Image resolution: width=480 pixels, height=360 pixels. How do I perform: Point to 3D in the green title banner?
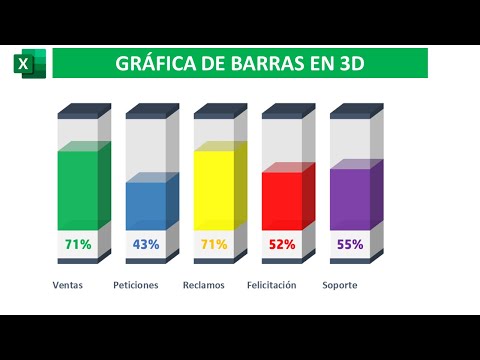click(346, 65)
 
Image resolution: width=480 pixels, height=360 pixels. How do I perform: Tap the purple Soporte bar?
click(350, 198)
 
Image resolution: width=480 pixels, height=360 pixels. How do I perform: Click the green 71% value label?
click(78, 244)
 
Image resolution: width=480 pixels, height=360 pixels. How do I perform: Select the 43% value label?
click(146, 244)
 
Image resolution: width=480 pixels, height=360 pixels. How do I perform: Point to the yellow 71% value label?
click(214, 244)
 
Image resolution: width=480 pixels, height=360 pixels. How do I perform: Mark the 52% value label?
click(282, 244)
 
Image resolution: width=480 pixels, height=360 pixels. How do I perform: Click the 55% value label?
click(350, 244)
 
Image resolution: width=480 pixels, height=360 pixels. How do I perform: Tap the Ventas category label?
click(68, 286)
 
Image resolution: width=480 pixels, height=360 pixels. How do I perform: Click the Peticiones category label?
click(136, 286)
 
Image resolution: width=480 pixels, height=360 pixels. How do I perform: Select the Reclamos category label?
click(204, 286)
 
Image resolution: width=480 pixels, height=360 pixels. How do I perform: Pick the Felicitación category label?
click(272, 285)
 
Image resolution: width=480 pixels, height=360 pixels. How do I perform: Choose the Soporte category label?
click(340, 286)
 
